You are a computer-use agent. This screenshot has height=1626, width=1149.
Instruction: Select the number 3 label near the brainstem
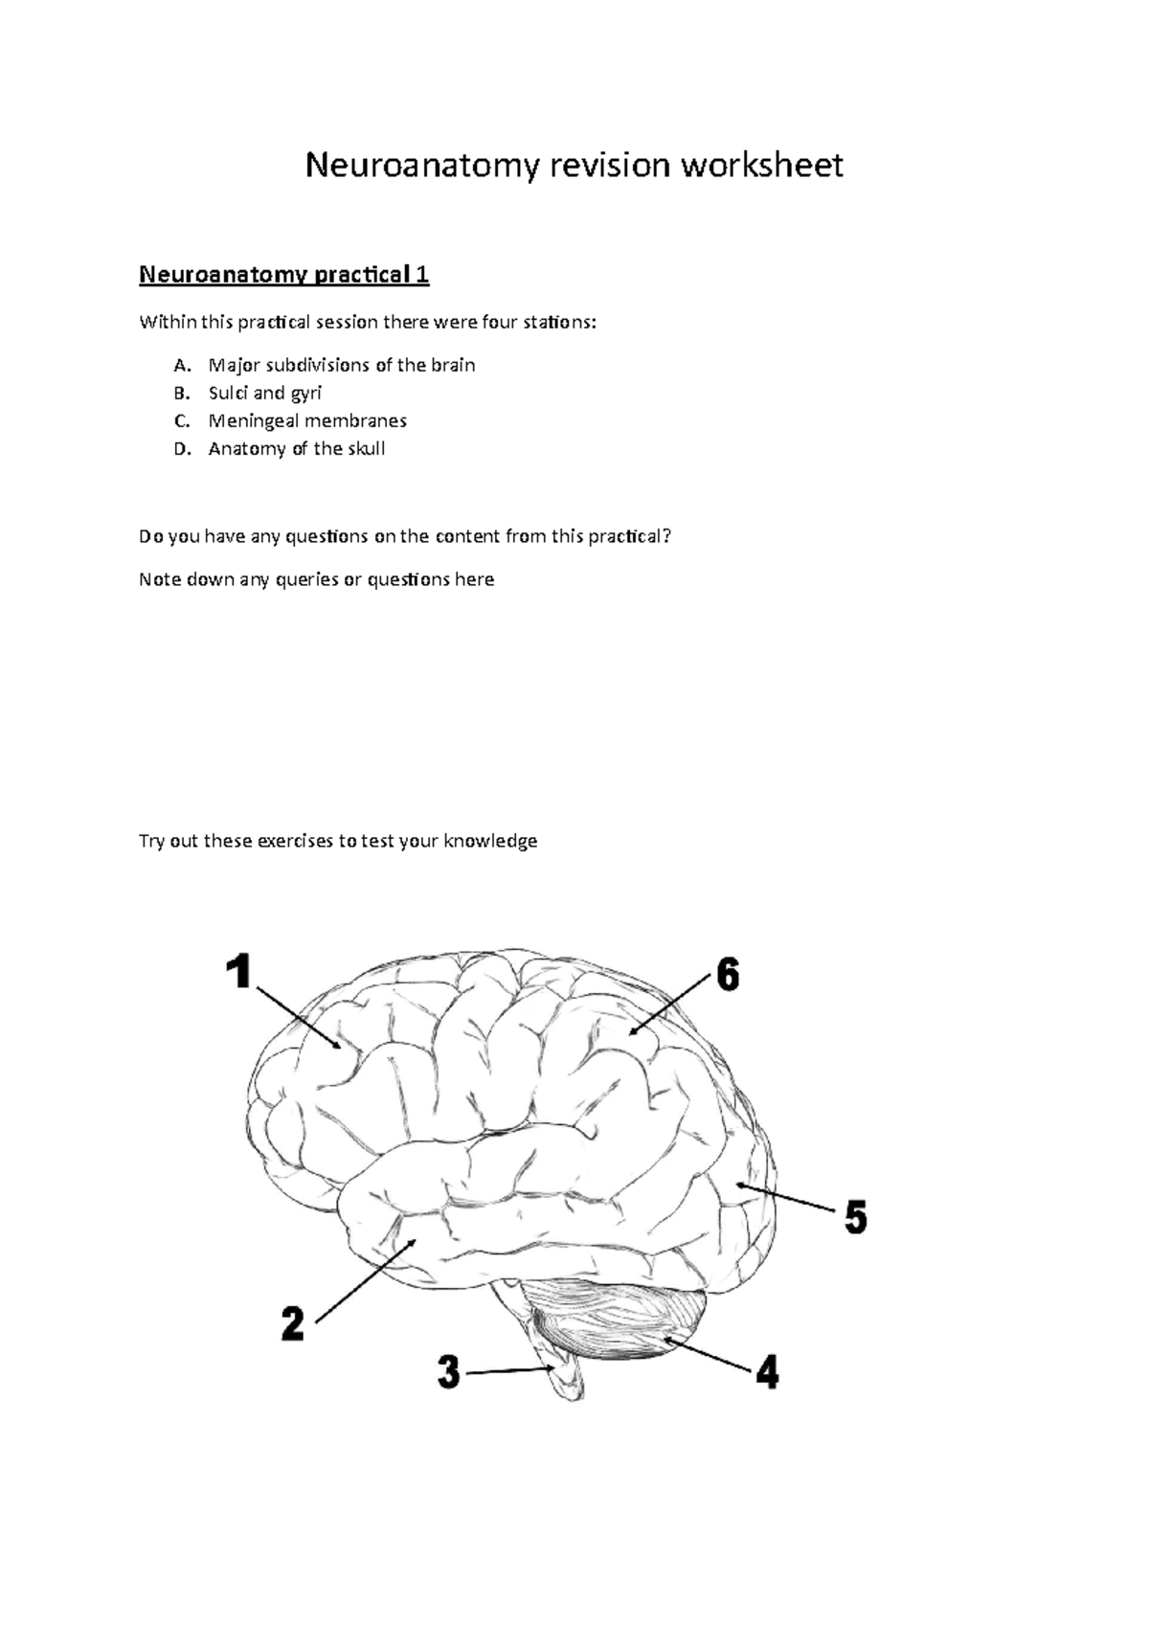449,1374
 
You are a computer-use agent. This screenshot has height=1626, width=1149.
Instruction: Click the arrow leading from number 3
507,1372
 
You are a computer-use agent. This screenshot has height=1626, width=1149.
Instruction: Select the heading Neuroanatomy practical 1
284,276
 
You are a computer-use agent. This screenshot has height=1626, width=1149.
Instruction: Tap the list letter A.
182,366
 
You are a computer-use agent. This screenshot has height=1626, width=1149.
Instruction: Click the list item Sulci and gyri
265,393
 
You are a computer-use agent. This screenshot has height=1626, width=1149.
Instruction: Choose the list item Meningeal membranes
307,420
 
